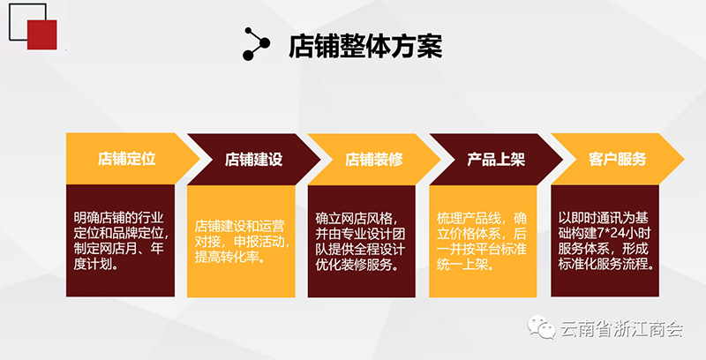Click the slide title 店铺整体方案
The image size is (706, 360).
[365, 46]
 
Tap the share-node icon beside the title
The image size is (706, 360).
[256, 43]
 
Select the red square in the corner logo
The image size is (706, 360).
[41, 34]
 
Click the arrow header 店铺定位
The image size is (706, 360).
[126, 159]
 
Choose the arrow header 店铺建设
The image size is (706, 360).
[253, 160]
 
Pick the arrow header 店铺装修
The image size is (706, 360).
[373, 160]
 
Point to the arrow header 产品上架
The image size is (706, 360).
[496, 160]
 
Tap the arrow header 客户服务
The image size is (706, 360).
[617, 159]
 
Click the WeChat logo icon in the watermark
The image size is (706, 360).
[542, 326]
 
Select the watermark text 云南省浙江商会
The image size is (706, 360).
[622, 329]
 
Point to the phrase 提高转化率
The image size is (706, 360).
[229, 257]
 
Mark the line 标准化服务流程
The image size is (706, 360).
[606, 264]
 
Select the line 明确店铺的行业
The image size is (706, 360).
[119, 218]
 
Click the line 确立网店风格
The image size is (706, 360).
[357, 219]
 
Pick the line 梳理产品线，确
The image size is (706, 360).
[481, 219]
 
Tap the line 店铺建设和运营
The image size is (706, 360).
[239, 227]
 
